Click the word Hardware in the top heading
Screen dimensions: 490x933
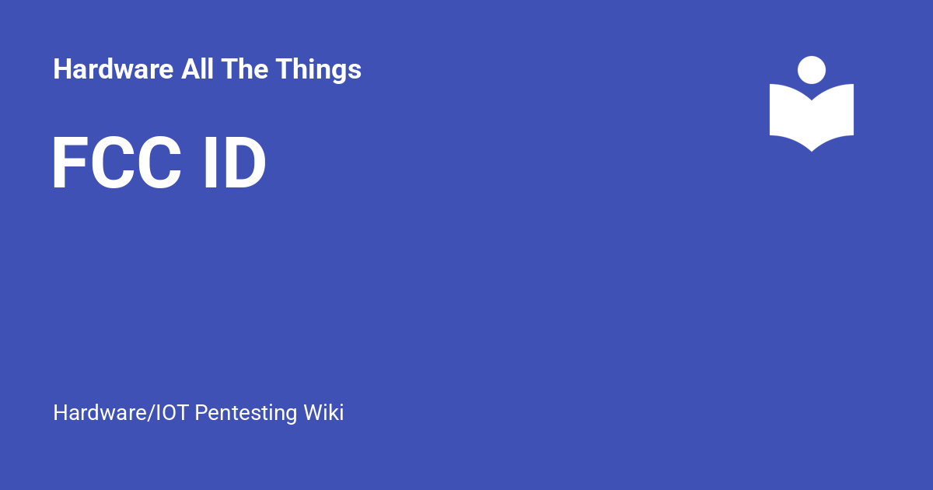point(113,70)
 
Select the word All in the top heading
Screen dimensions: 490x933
point(197,70)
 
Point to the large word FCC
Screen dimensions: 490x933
point(117,165)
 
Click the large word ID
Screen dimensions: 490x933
point(234,165)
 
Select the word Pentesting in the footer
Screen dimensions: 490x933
point(246,412)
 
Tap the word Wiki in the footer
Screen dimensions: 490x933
point(323,412)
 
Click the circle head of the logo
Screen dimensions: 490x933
point(812,70)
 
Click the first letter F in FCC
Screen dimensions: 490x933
point(68,165)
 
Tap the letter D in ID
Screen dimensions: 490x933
point(244,165)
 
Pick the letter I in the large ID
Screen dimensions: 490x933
point(209,165)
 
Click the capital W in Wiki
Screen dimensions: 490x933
point(313,412)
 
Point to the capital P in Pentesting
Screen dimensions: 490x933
point(200,412)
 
